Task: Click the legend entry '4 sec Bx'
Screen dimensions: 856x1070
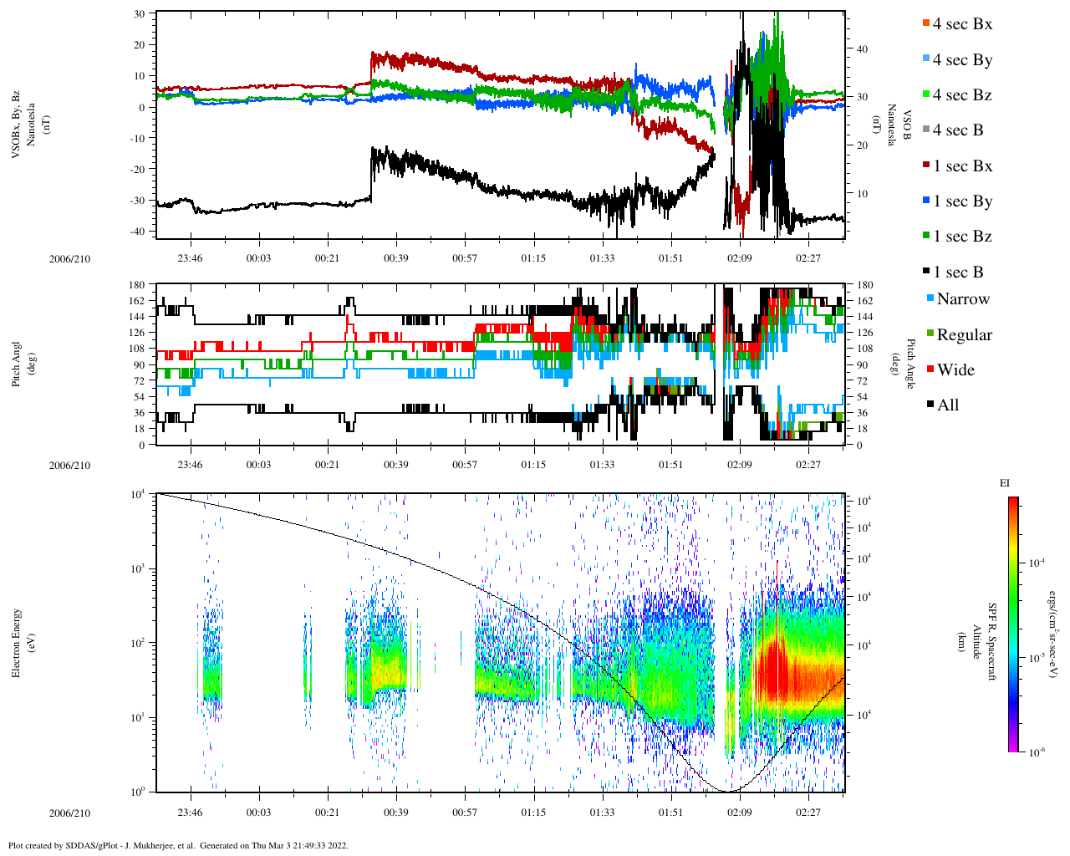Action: [962, 24]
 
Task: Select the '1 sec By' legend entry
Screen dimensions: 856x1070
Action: [962, 201]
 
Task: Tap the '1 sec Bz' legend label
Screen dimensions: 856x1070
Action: [962, 237]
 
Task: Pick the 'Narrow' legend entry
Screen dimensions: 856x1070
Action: [963, 299]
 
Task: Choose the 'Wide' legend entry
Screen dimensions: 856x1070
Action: [955, 370]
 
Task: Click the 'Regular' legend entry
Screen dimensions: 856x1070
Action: [964, 335]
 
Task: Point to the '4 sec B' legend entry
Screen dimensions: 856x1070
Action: [958, 130]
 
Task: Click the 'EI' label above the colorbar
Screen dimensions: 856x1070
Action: [1005, 483]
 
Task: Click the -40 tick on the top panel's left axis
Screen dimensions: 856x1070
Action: [139, 232]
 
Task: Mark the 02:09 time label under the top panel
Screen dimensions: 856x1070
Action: [738, 258]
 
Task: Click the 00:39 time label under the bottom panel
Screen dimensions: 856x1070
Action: [395, 813]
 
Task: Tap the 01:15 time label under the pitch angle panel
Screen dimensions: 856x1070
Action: [533, 465]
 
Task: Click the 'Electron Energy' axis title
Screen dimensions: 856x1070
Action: [17, 642]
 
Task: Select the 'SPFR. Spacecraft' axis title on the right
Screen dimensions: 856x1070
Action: [992, 642]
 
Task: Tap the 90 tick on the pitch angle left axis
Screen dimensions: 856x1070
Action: [139, 364]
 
